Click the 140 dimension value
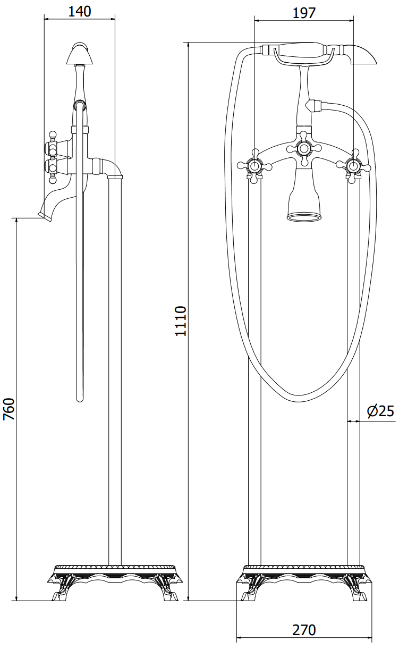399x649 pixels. (x=80, y=12)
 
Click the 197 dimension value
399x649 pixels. (x=304, y=13)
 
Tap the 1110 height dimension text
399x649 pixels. (x=181, y=321)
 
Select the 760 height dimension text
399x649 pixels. (x=9, y=409)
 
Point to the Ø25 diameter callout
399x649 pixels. (x=380, y=411)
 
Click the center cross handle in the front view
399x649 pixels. (x=303, y=149)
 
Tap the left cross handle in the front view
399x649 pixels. (x=254, y=166)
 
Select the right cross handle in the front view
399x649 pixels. (x=353, y=166)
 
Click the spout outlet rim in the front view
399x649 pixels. (x=303, y=217)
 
